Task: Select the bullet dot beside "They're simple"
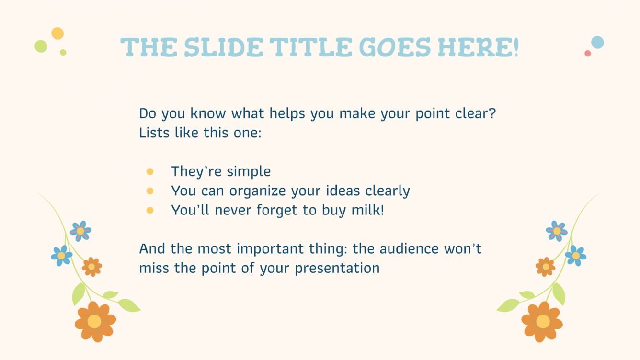pyautogui.click(x=150, y=171)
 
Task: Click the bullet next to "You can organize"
pyautogui.click(x=150, y=191)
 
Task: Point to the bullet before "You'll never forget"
pyautogui.click(x=150, y=210)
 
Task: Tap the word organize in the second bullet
pyautogui.click(x=257, y=191)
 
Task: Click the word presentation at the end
pyautogui.click(x=337, y=268)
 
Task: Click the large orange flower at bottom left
pyautogui.click(x=95, y=321)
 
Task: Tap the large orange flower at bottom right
pyautogui.click(x=542, y=321)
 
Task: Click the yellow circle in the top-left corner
pyautogui.click(x=57, y=34)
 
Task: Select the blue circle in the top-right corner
pyautogui.click(x=597, y=42)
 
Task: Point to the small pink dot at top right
pyautogui.click(x=588, y=53)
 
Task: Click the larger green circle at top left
pyautogui.click(x=41, y=46)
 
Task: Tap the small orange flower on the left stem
pyautogui.click(x=91, y=267)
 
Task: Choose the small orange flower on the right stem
pyautogui.click(x=546, y=267)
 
